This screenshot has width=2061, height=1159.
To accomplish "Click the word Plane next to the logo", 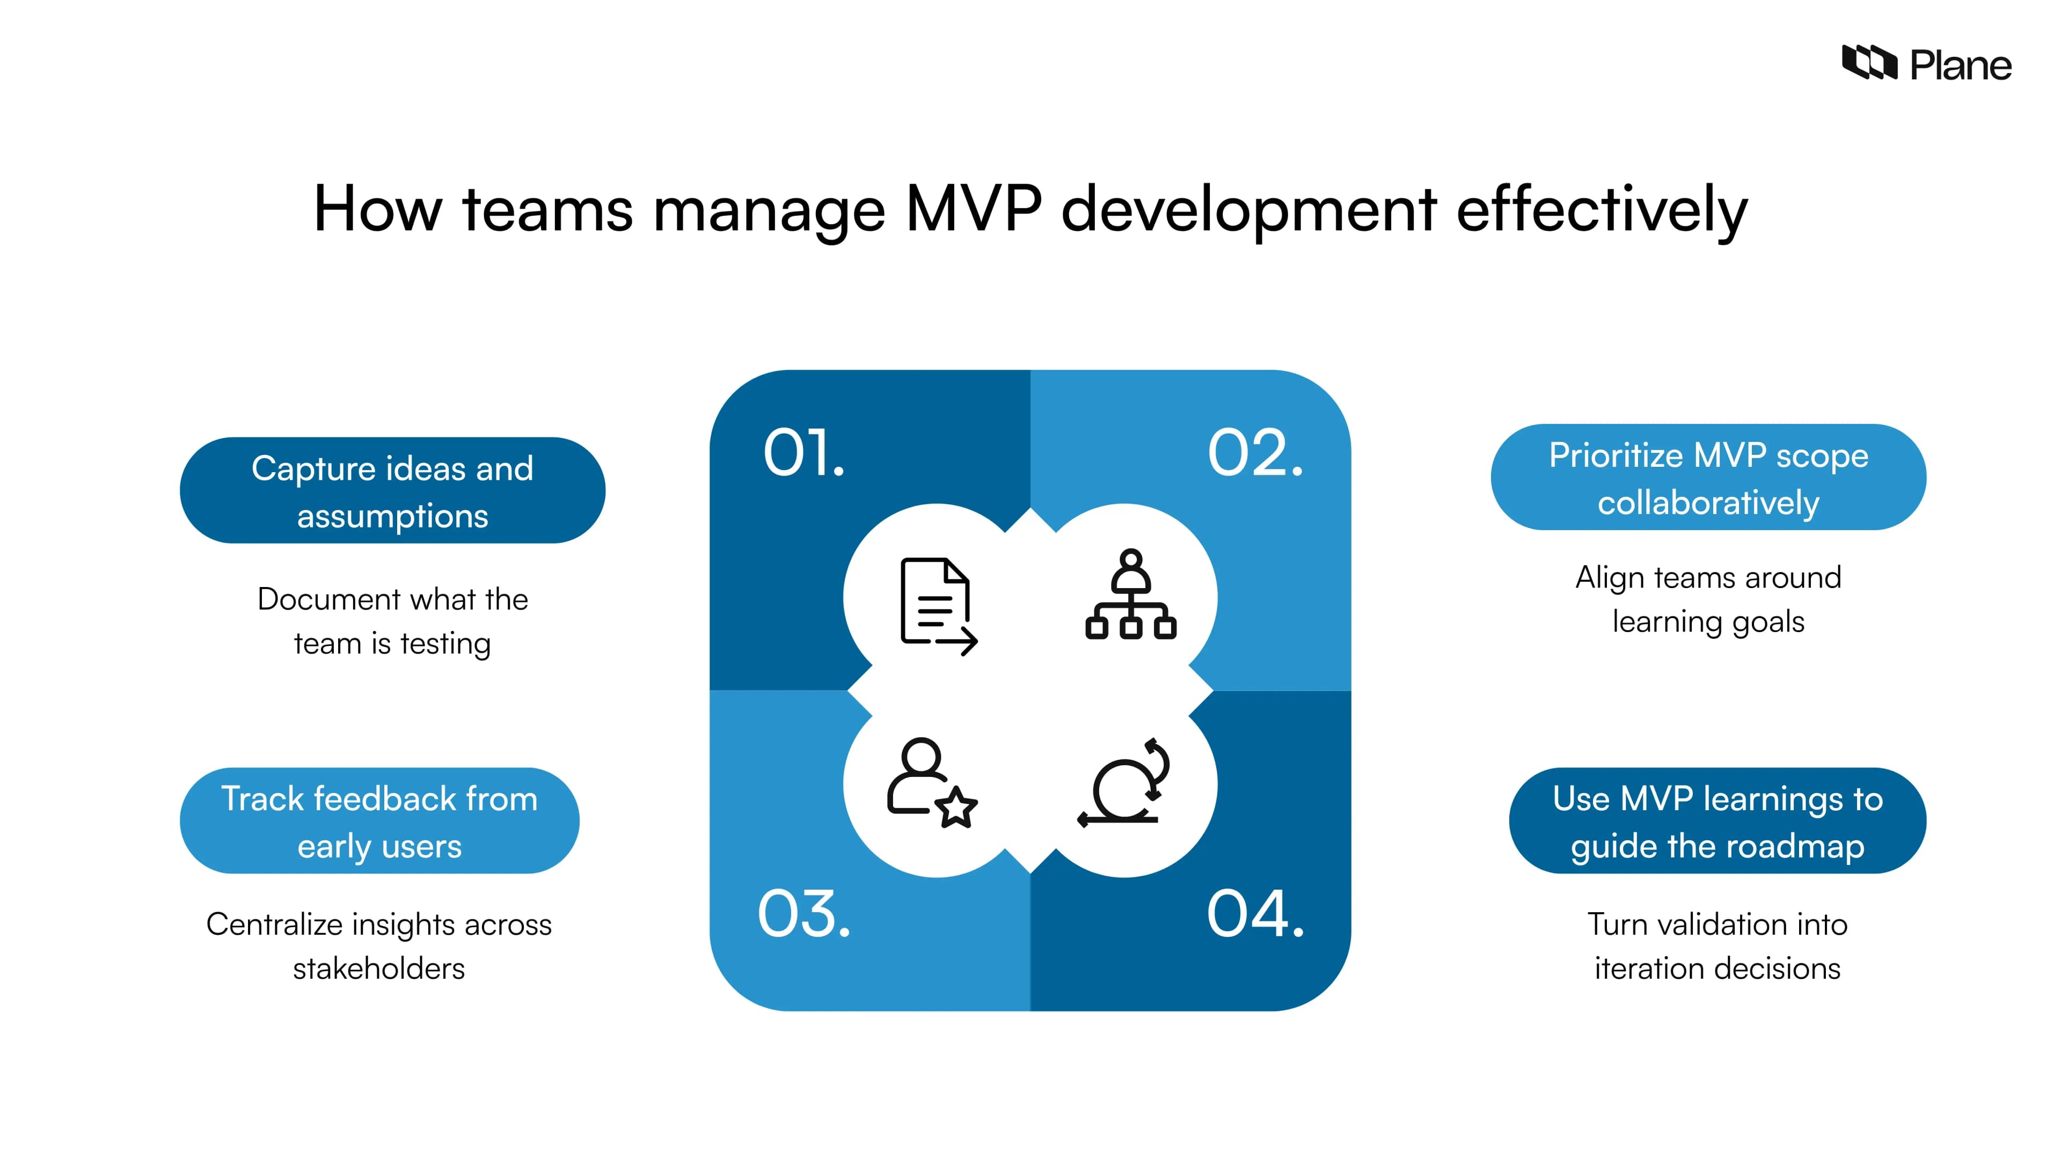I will coord(1960,65).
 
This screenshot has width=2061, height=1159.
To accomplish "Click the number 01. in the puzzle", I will coord(803,453).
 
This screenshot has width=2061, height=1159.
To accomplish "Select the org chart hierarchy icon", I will coord(1130,595).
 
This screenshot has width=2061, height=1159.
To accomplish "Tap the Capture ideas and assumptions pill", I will coord(392,490).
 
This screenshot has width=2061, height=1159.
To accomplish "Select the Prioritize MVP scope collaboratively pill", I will coord(1708,478).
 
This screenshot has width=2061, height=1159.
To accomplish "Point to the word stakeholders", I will coord(378,969).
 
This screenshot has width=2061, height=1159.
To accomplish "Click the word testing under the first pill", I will coord(445,644).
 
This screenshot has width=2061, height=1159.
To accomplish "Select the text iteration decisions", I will coord(1717,969).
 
